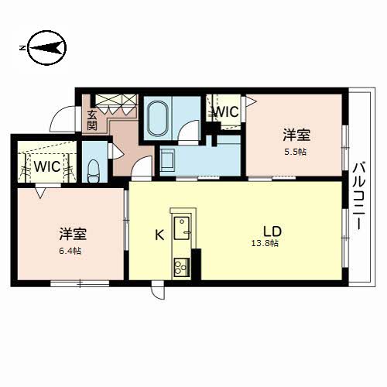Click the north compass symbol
tap(46, 48)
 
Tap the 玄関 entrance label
tap(92, 120)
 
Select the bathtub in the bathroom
tap(159, 118)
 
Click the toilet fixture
tap(94, 171)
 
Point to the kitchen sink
tap(181, 228)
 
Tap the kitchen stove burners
tap(181, 267)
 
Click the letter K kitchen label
tap(159, 235)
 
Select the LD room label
tap(272, 231)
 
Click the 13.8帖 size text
tap(265, 243)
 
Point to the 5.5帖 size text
tap(296, 152)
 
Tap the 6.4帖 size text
tap(70, 251)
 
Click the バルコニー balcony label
tap(359, 195)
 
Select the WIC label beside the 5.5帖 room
tap(226, 112)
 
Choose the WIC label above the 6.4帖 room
tap(47, 166)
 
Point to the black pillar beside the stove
tap(196, 264)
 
